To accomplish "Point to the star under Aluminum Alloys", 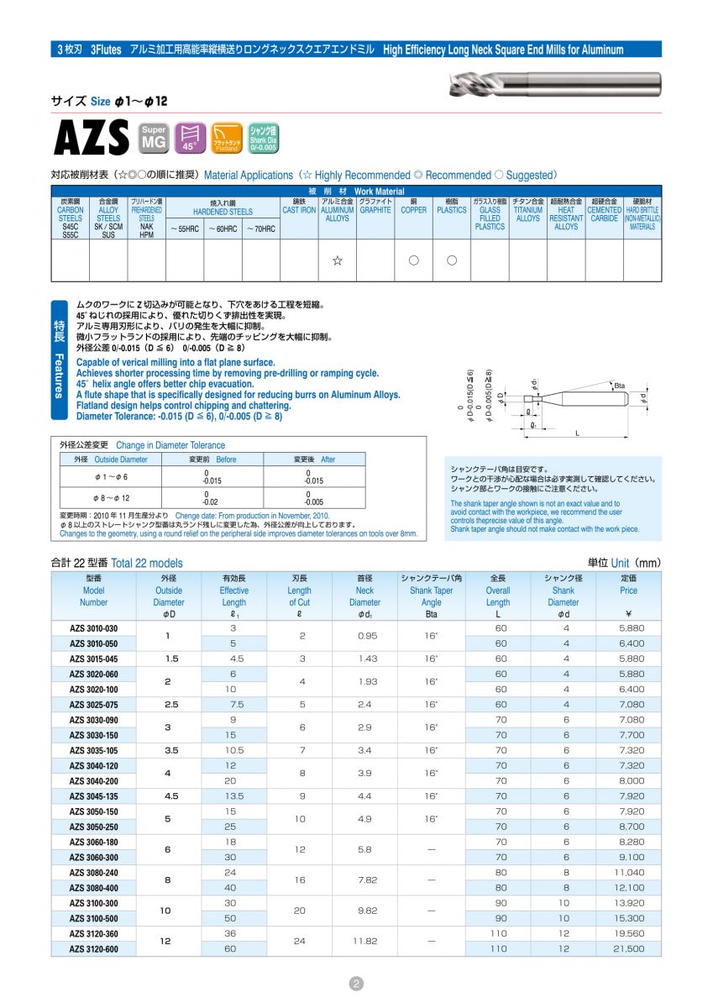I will click(337, 260).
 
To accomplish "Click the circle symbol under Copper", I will click(413, 260).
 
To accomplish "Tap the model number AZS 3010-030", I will click(93, 628).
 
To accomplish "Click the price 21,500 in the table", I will click(628, 948).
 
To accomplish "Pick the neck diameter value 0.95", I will click(365, 636).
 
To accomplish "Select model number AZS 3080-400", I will click(93, 887).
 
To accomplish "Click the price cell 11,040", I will click(628, 872).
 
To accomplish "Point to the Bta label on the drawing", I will click(620, 386).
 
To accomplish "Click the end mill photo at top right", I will click(554, 84).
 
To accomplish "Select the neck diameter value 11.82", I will click(365, 941).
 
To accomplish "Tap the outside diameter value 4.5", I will click(169, 795).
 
